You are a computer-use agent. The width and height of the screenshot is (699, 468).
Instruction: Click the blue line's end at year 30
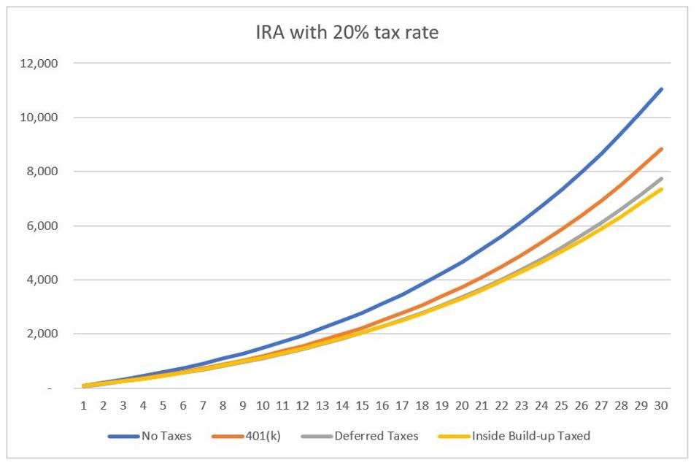[x=661, y=89]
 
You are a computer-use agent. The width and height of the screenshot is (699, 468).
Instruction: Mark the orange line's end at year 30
[x=661, y=149]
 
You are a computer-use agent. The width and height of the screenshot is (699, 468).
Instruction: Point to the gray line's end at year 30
[x=661, y=178]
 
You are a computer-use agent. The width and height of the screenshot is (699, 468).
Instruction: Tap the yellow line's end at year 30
[x=661, y=189]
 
